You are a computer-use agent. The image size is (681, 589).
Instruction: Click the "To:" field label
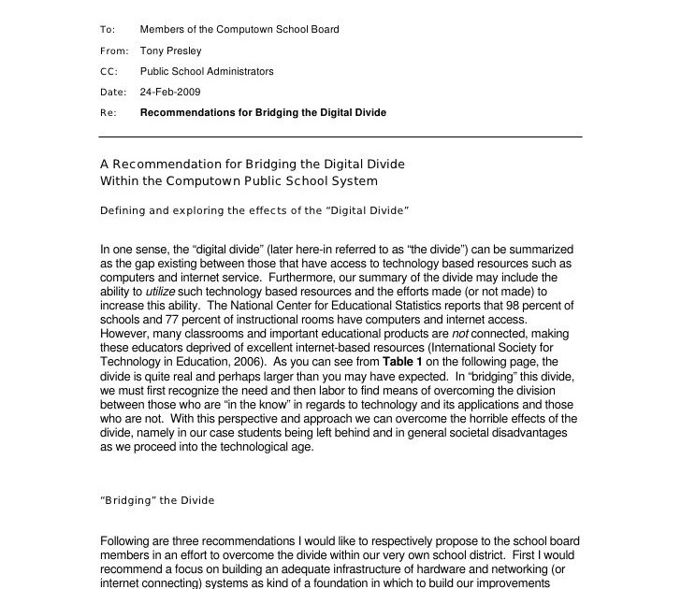point(107,30)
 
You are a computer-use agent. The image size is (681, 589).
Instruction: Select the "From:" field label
point(113,50)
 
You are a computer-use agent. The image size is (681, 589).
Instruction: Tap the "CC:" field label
point(108,71)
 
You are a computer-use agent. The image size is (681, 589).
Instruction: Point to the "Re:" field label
point(108,112)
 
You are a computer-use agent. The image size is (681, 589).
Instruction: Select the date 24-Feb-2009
point(170,92)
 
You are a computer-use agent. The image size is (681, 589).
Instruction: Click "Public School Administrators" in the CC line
point(207,71)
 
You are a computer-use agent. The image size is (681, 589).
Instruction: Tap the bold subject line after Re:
point(263,112)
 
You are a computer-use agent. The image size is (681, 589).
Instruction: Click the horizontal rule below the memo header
point(340,137)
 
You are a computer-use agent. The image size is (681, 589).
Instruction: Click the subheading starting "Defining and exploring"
point(254,210)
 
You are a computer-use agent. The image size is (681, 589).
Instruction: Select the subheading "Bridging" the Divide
point(157,500)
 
